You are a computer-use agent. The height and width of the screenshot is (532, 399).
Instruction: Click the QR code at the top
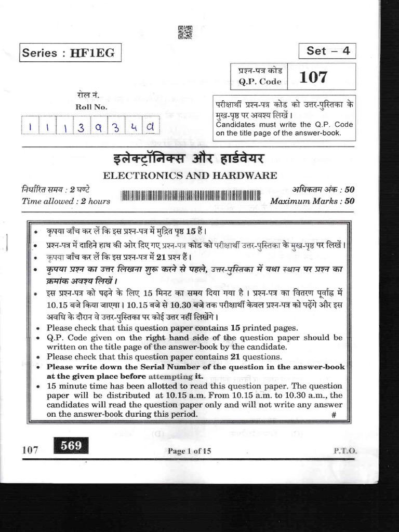pos(185,32)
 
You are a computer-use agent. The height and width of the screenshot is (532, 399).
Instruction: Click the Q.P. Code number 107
pos(313,77)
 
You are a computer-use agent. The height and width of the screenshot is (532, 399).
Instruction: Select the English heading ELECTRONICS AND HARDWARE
pos(190,176)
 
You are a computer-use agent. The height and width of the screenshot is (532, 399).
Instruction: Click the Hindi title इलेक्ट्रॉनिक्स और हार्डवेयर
pos(190,158)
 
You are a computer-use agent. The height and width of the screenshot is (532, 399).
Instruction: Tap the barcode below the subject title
pos(190,196)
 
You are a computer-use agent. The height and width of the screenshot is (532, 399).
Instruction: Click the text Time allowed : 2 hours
pos(66,201)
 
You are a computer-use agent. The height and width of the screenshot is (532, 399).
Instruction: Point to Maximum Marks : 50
pos(312,201)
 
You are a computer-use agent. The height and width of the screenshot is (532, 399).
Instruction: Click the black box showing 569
pos(71,446)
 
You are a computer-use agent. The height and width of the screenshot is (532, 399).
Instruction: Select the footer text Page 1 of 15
pos(189,451)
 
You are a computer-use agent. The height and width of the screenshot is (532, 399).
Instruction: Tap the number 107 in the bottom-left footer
pos(31,450)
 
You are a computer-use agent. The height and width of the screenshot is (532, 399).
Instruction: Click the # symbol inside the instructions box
pos(334,415)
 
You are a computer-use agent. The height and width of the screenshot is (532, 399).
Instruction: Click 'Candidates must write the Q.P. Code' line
pos(284,125)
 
